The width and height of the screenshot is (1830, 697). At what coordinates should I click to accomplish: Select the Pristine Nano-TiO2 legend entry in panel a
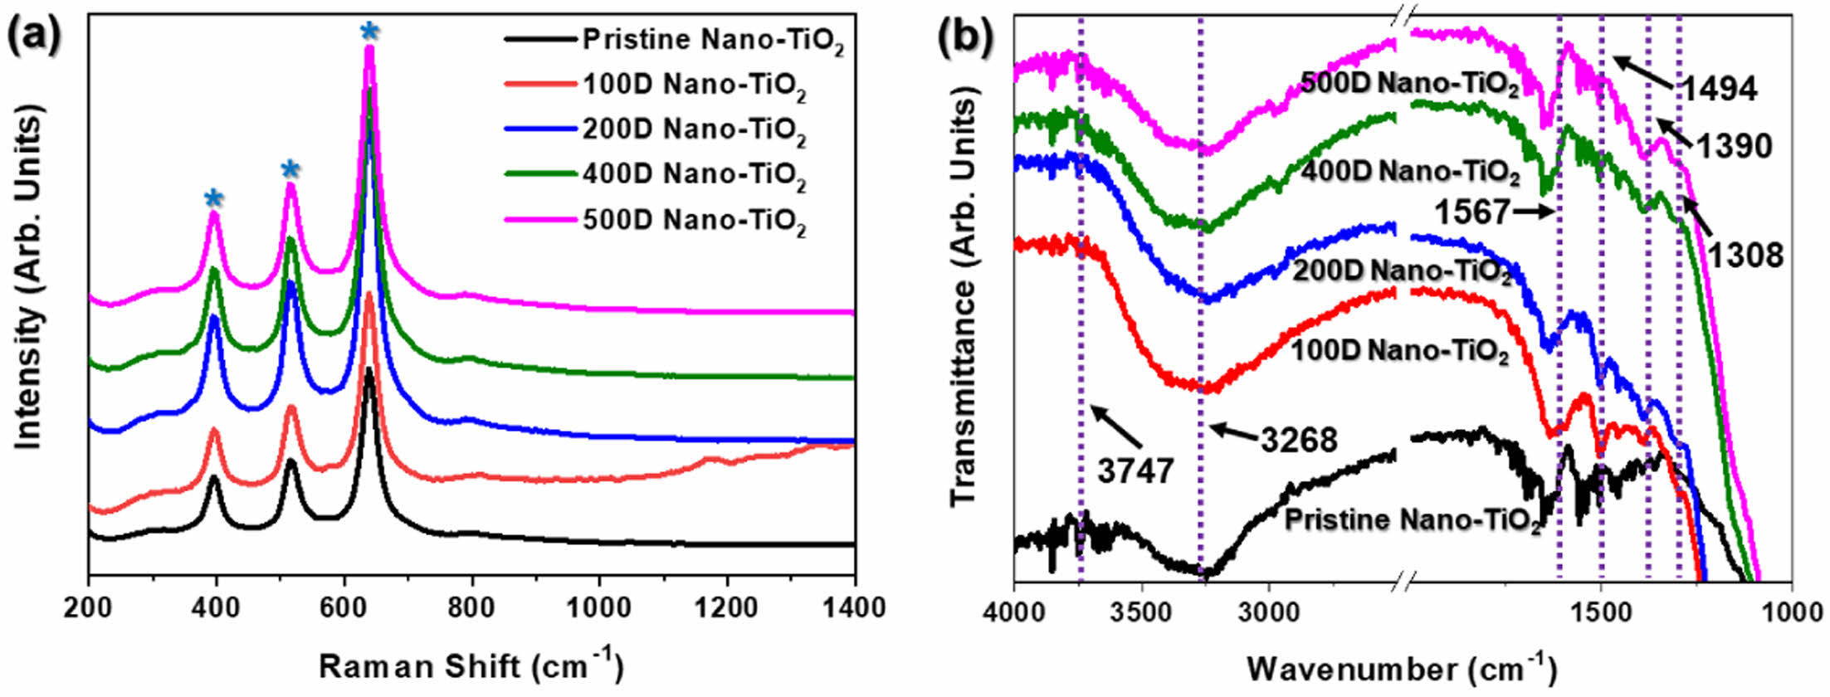click(x=712, y=40)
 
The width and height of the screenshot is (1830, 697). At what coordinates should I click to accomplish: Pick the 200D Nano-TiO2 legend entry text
click(x=694, y=131)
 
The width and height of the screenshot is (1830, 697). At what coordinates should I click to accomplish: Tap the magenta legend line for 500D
click(x=539, y=221)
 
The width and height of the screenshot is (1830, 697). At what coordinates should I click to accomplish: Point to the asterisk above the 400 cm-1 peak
click(x=214, y=199)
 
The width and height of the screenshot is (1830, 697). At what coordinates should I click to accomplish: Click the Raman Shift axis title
click(x=471, y=666)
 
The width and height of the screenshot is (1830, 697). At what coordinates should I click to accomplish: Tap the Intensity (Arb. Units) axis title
click(x=30, y=282)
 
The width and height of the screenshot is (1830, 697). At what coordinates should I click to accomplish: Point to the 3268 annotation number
click(x=1299, y=439)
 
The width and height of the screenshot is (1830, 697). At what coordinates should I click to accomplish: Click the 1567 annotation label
click(x=1471, y=212)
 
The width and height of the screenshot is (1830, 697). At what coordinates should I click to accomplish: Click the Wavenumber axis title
click(x=1401, y=668)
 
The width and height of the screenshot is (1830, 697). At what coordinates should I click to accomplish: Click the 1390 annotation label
click(x=1734, y=147)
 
